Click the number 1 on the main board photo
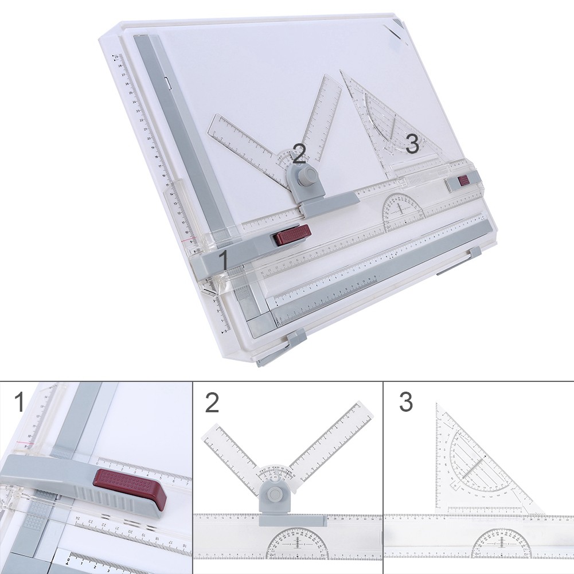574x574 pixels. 224,259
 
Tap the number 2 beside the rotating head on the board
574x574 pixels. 299,153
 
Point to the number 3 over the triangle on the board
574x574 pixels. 412,143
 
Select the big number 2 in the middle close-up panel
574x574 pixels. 212,402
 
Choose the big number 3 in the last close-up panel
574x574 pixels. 405,402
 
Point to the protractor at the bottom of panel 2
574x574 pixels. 296,544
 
